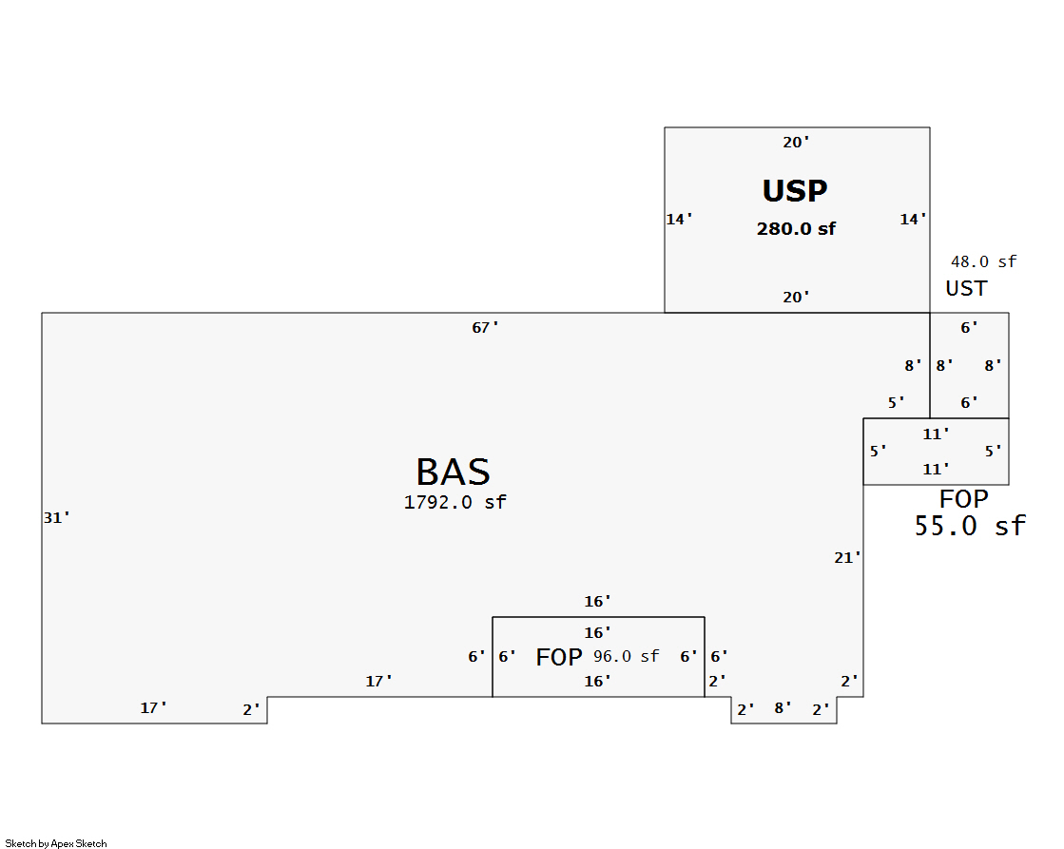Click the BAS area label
(453, 473)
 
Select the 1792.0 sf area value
(455, 502)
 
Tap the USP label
(795, 191)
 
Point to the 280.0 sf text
(796, 228)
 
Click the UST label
(966, 288)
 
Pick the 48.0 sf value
(983, 261)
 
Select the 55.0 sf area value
(970, 526)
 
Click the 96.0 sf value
(626, 656)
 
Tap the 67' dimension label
(485, 328)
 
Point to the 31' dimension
(57, 518)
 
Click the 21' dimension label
(847, 558)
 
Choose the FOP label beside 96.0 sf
(559, 657)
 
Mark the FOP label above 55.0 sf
(964, 499)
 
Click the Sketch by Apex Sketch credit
(56, 843)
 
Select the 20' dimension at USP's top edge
(796, 143)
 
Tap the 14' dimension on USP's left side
(679, 220)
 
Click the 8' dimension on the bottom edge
(783, 707)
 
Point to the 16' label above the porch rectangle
(597, 602)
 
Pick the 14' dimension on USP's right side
(914, 220)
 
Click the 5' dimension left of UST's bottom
(896, 403)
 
